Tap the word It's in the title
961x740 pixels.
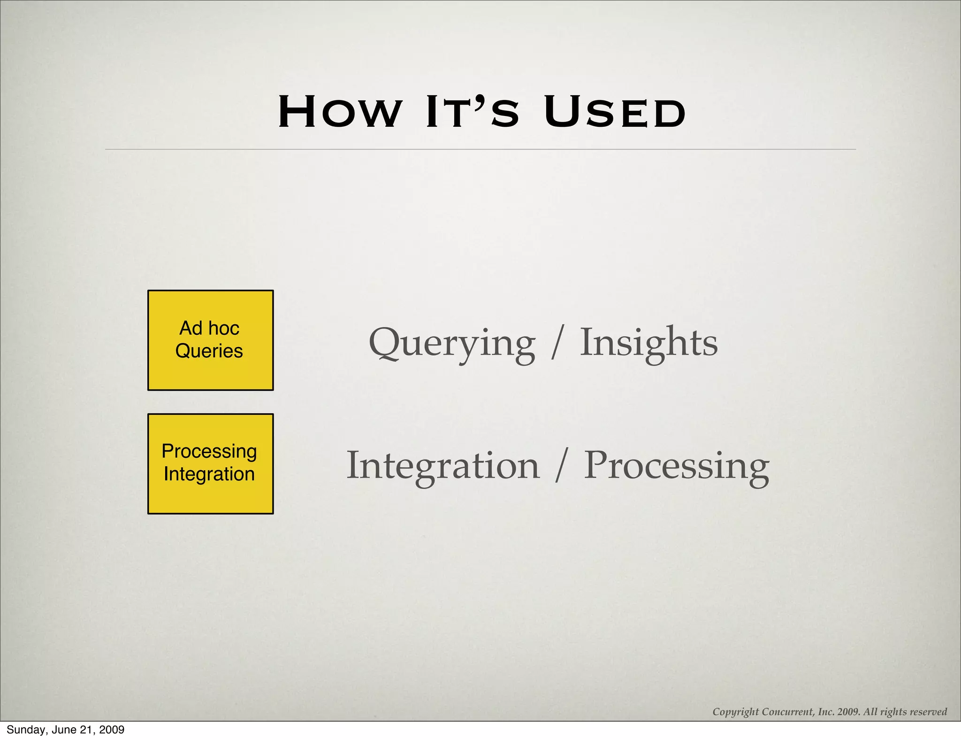472,112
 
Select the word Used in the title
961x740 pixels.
615,112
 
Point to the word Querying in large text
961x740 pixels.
451,343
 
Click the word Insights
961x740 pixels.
648,342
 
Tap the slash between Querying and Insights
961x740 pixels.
557,343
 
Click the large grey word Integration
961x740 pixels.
443,466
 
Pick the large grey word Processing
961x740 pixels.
676,466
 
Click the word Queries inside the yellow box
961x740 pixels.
209,351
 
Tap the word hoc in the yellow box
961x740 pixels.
223,328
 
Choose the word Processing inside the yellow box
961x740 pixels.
209,451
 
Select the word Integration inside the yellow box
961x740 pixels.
209,474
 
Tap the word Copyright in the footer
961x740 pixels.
735,712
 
